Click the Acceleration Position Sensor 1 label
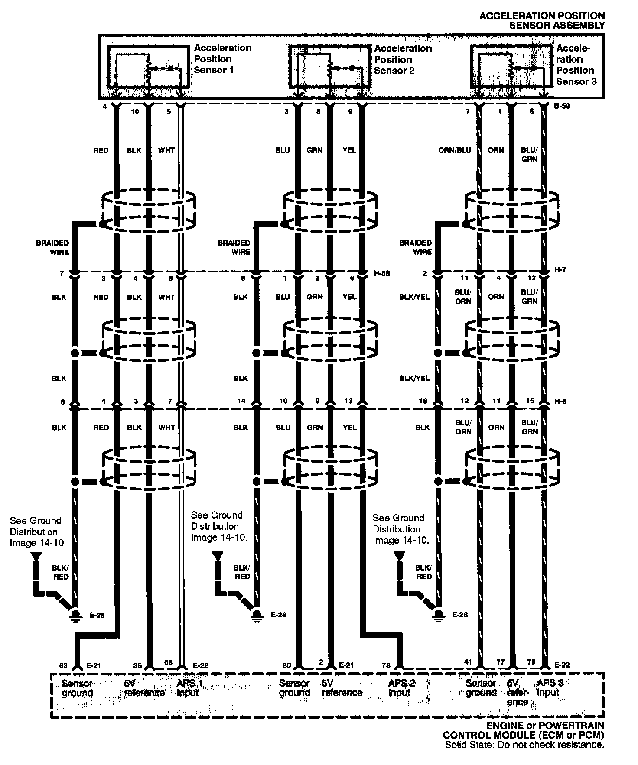point(222,59)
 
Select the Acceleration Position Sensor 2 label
point(403,59)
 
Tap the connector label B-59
point(561,106)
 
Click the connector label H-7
point(560,270)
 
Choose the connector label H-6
point(560,402)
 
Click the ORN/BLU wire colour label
point(454,150)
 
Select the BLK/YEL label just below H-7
point(414,297)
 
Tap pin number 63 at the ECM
point(63,665)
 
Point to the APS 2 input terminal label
point(401,688)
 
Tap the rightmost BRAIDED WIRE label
point(415,247)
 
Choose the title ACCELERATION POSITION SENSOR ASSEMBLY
point(542,20)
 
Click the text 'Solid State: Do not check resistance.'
point(524,745)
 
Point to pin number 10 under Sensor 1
point(135,112)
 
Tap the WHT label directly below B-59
point(166,150)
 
